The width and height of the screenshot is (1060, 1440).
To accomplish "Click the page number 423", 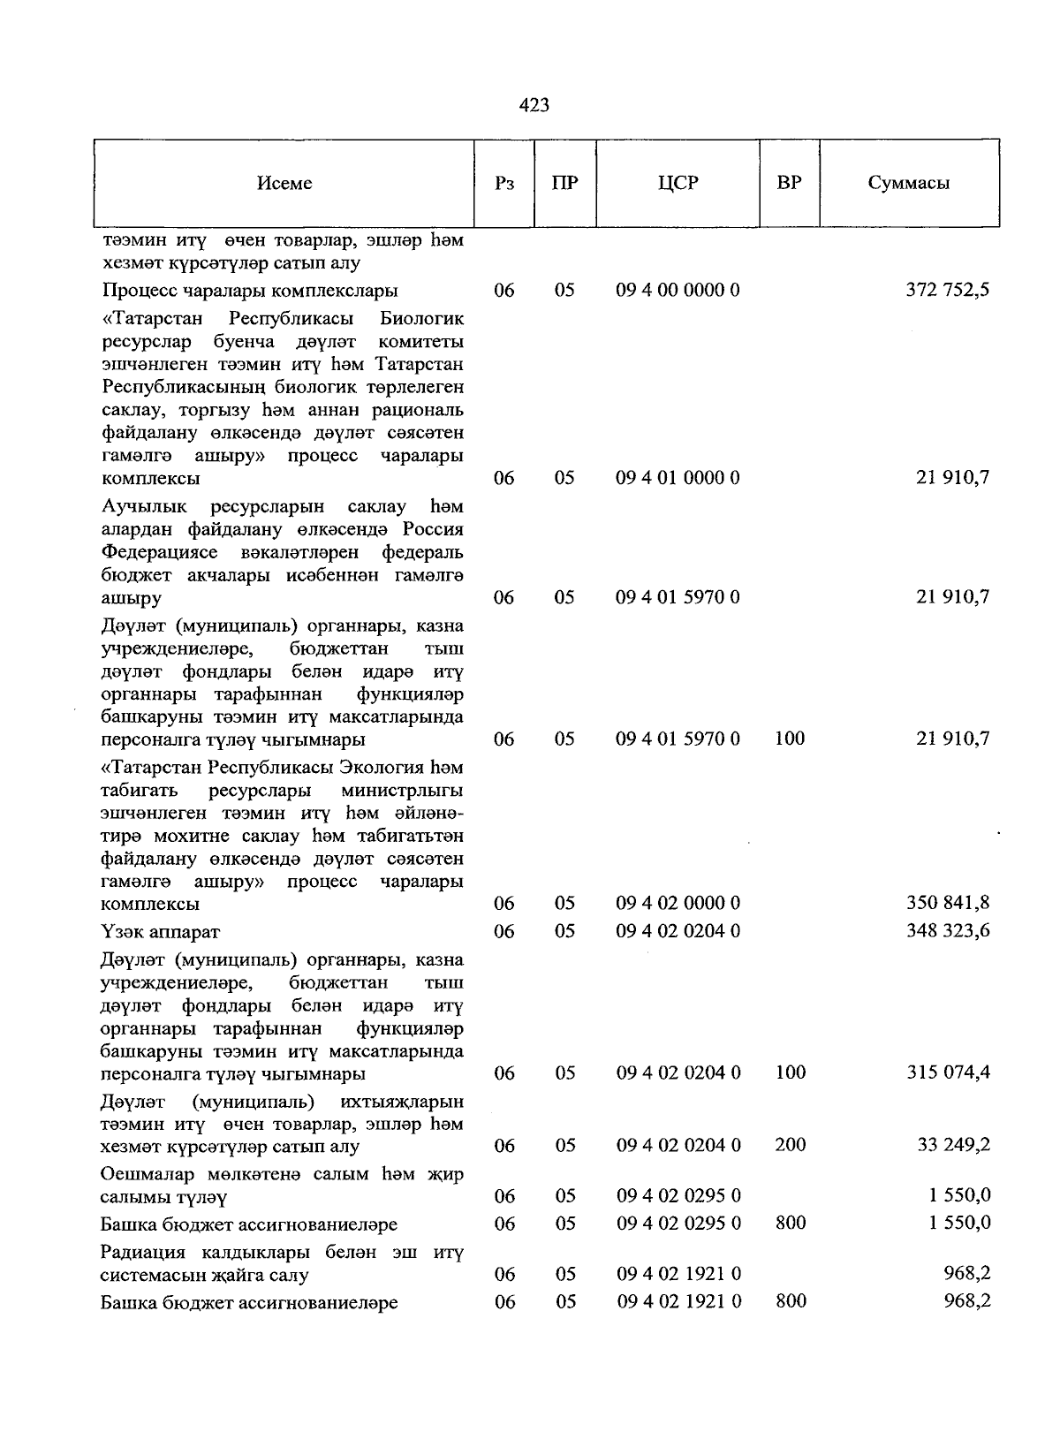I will (534, 105).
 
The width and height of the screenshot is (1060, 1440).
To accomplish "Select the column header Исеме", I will (284, 184).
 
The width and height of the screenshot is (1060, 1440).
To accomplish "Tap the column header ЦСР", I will (678, 184).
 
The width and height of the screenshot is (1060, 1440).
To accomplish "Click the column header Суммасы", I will (908, 184).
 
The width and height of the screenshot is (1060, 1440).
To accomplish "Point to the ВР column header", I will (789, 184).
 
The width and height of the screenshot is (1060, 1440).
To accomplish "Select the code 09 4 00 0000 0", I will (678, 290).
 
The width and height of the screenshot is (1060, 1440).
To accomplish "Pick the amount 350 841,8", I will (947, 903).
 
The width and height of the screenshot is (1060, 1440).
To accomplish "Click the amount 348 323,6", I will (947, 931).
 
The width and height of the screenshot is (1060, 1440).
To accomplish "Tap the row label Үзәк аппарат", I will (160, 932).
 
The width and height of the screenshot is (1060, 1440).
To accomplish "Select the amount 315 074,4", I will (947, 1072).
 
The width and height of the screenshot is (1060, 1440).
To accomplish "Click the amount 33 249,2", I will (953, 1145).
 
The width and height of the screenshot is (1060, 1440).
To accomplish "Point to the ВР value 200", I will (790, 1145).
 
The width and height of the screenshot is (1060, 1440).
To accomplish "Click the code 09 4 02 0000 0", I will (678, 903).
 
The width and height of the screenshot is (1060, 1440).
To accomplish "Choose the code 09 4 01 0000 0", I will (678, 478).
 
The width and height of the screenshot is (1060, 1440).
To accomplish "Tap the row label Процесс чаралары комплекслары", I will (250, 291).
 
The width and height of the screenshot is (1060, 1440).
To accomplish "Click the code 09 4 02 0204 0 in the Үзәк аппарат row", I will (678, 931).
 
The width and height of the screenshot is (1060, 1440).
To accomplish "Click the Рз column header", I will (504, 184).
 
